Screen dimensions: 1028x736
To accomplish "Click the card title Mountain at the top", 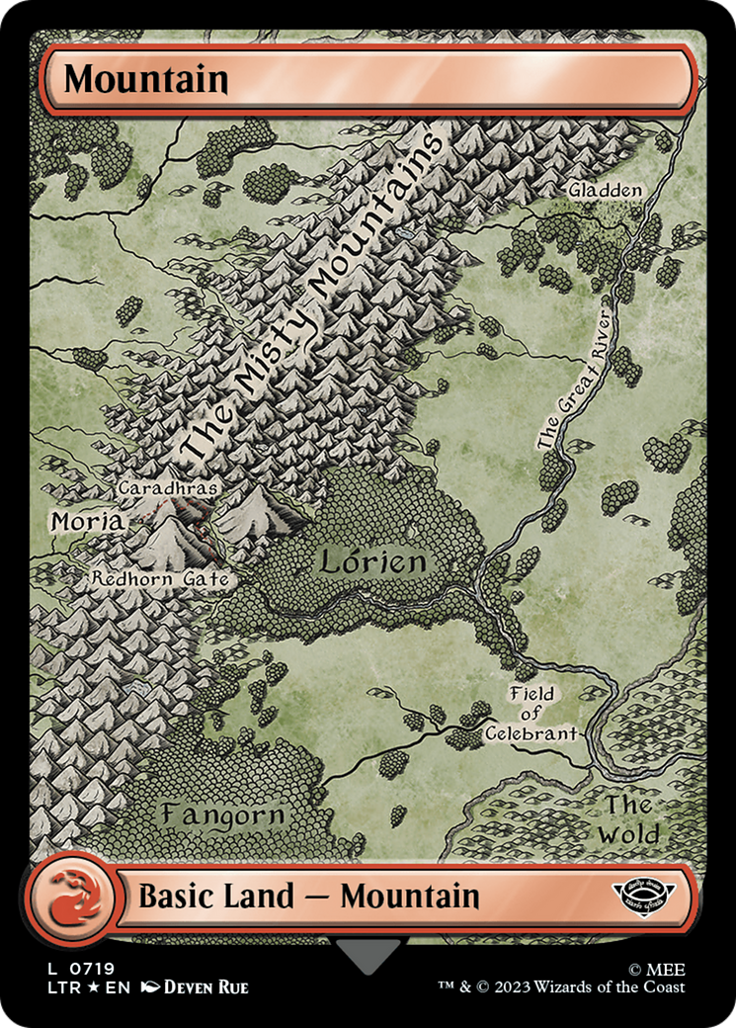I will tap(146, 79).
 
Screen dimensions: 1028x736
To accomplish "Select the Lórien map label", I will tap(372, 562).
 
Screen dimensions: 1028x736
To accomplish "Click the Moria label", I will tap(87, 521).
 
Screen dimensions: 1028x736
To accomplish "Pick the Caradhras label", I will tap(167, 488).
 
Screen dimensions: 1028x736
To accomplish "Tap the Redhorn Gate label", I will tap(162, 579).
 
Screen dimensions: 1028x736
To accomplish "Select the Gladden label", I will tap(605, 190).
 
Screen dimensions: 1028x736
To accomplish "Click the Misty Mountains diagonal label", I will tap(314, 297).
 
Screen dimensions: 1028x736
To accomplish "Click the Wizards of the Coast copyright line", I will tap(562, 987).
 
